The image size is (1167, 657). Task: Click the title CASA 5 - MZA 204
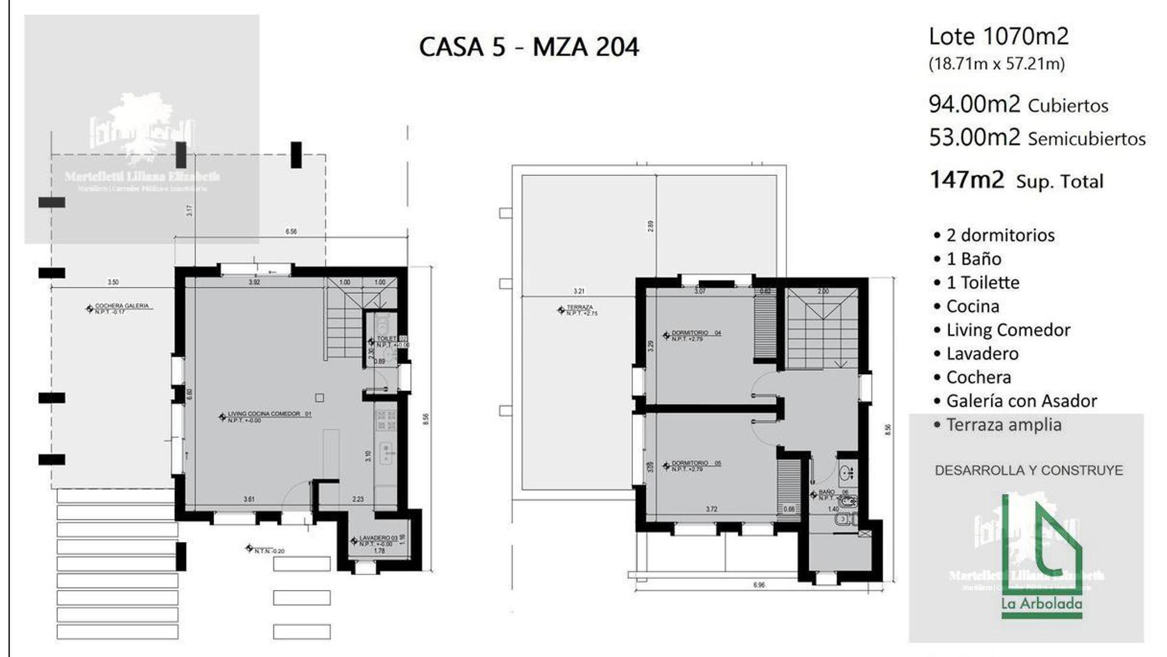[x=529, y=47]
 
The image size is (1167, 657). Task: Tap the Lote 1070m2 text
[x=998, y=36]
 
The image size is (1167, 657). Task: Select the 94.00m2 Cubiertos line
[x=1018, y=105]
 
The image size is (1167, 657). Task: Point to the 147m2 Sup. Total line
[x=1016, y=181]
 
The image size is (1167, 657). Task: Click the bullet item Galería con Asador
[x=1021, y=401]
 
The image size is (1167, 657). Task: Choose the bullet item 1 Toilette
[x=982, y=282]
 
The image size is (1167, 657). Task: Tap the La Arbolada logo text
[x=1042, y=603]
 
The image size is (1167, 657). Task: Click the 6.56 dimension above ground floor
[x=291, y=231]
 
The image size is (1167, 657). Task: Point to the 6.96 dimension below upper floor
[x=759, y=585]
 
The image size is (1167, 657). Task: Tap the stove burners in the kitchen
[x=386, y=420]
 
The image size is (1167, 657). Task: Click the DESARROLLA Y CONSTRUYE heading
[x=1028, y=470]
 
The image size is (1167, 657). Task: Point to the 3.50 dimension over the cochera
[x=113, y=282]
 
